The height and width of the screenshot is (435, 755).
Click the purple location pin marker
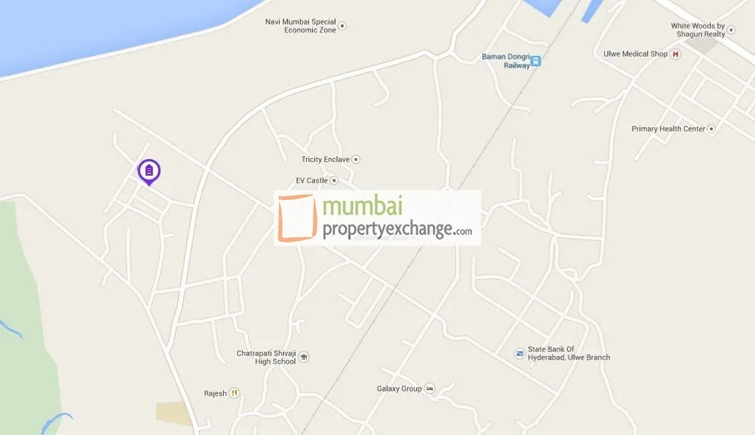tap(149, 171)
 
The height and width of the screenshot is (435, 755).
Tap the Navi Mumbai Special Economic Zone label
tap(300, 25)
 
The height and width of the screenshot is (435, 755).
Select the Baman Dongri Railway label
tap(505, 61)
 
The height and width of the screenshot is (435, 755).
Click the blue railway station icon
tap(536, 61)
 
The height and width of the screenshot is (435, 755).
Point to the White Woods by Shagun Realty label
tap(698, 30)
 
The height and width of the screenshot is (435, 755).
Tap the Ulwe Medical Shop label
tap(636, 54)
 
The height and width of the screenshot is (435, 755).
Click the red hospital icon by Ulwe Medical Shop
tap(675, 54)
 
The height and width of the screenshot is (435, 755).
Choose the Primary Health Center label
tap(668, 129)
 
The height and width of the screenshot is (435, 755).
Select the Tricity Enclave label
tap(325, 159)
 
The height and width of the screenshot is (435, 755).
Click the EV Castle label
tap(311, 180)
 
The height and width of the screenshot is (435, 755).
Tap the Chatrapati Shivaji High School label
tap(266, 357)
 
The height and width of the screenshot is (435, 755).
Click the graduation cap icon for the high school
tap(304, 357)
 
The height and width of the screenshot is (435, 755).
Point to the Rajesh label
tap(215, 393)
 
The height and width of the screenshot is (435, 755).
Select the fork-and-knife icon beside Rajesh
tap(234, 393)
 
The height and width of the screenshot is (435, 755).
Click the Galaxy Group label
tap(399, 389)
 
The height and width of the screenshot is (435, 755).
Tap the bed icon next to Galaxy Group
tap(430, 389)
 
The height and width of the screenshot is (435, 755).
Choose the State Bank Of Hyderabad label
tap(569, 354)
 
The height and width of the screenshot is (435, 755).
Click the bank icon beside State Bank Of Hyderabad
tap(519, 354)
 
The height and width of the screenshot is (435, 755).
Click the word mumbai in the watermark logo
tap(364, 206)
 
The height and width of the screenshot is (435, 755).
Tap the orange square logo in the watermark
tap(297, 217)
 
